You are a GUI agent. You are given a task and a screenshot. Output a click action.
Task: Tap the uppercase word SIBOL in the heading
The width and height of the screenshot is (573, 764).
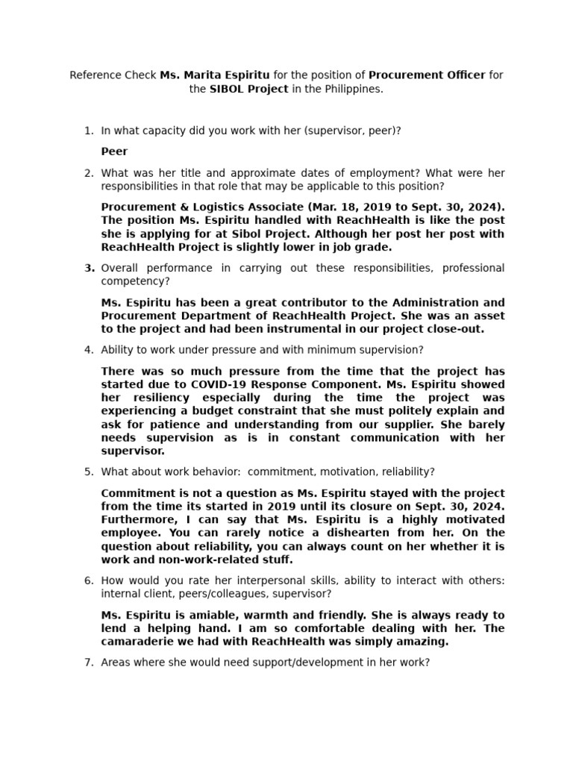pyautogui.click(x=228, y=89)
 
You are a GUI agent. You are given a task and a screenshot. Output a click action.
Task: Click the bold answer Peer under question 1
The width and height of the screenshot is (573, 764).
pyautogui.click(x=114, y=151)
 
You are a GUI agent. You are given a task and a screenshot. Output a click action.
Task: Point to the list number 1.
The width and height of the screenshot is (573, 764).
pyautogui.click(x=88, y=131)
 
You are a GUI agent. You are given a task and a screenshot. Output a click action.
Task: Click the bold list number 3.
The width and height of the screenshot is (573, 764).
pyautogui.click(x=89, y=268)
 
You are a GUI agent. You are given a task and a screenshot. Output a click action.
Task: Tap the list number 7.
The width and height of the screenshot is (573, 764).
pyautogui.click(x=88, y=662)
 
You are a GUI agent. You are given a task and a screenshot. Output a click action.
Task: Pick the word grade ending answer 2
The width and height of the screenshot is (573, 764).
pyautogui.click(x=375, y=247)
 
